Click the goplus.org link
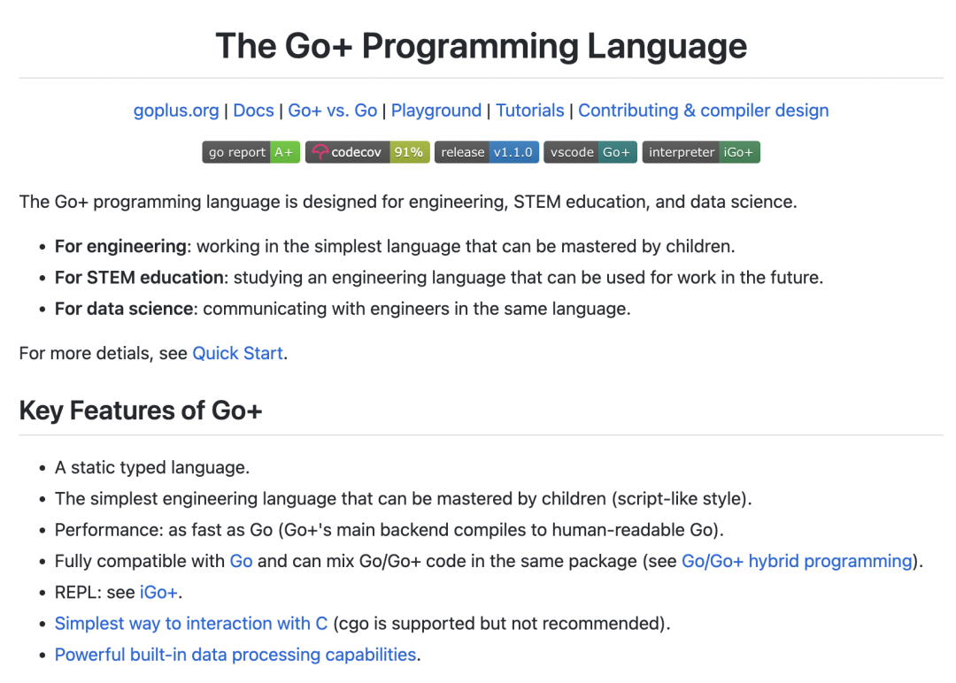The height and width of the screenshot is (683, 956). pyautogui.click(x=176, y=111)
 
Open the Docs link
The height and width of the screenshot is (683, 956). pyautogui.click(x=253, y=111)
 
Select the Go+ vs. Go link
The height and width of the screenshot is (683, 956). pyautogui.click(x=333, y=111)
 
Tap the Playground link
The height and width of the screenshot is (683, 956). pyautogui.click(x=436, y=111)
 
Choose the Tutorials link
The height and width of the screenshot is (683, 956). pyautogui.click(x=529, y=111)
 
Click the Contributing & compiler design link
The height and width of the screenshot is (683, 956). pyautogui.click(x=704, y=111)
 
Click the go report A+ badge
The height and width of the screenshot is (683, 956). pyautogui.click(x=251, y=152)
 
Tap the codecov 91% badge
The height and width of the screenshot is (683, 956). pyautogui.click(x=367, y=152)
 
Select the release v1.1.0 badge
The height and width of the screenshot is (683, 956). pyautogui.click(x=486, y=152)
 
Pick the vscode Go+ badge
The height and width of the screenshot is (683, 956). pyautogui.click(x=590, y=152)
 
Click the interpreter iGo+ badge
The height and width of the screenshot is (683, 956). pyautogui.click(x=701, y=152)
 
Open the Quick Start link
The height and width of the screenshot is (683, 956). pyautogui.click(x=238, y=353)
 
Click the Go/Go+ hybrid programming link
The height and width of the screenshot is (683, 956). pyautogui.click(x=797, y=561)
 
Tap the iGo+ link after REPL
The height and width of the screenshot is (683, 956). pyautogui.click(x=158, y=592)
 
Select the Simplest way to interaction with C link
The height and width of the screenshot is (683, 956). pyautogui.click(x=190, y=623)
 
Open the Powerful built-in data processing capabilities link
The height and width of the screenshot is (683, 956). pyautogui.click(x=235, y=655)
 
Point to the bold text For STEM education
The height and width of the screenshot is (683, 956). pyautogui.click(x=139, y=277)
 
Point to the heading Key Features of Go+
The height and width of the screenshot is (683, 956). pyautogui.click(x=141, y=411)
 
